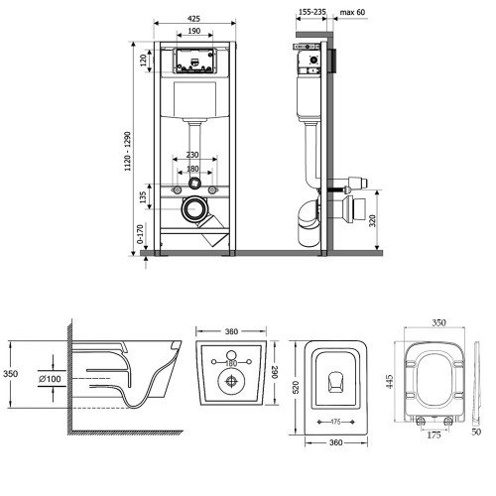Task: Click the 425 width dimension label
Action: pos(193,19)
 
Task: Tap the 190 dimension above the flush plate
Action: pos(194,31)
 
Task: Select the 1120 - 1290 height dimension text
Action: pos(128,151)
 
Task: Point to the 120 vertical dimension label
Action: pos(143,61)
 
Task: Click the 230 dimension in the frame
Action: pos(192,155)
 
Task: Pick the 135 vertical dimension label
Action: pos(143,197)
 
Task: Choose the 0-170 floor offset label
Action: pos(140,234)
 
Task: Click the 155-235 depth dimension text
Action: pos(312,12)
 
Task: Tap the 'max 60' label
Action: pos(352,12)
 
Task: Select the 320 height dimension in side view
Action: pos(373,220)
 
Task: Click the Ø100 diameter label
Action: pos(50,379)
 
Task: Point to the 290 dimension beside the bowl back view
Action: pos(275,372)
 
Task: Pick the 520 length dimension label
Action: pos(296,387)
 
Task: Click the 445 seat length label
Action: pos(390,381)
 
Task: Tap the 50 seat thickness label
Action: pos(476,432)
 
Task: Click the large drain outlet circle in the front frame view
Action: pos(194,209)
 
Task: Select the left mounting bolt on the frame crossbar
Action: pos(178,190)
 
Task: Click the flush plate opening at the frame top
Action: pos(194,61)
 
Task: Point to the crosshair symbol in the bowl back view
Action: pos(231,381)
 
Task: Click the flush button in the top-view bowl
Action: pos(336,382)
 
